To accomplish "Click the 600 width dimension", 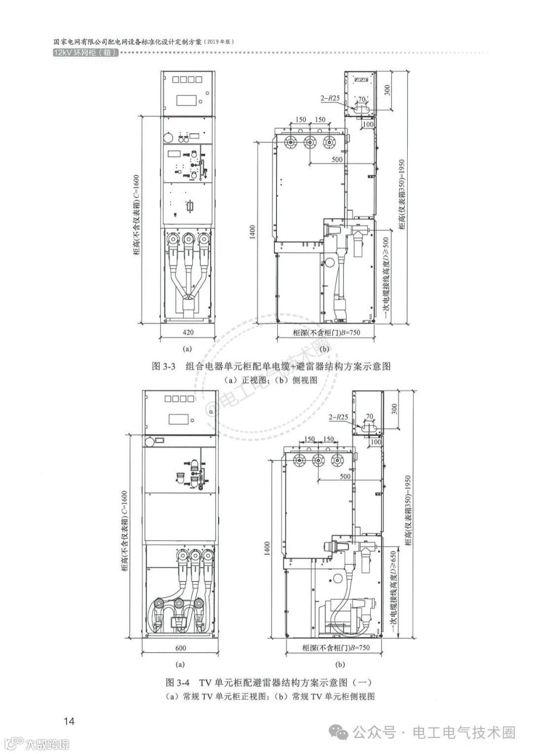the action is pos(180,647).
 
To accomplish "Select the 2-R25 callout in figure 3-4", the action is pos(338,417).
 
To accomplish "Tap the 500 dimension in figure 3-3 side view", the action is pos(337,159).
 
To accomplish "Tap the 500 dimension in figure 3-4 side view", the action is pos(345,476).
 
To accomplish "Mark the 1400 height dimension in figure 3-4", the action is pos(267,547).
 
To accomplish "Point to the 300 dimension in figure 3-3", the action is pos(387,90).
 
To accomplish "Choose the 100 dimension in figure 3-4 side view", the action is pos(376,442).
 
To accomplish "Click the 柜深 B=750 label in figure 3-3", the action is pos(326,332).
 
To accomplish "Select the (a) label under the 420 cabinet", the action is pos(187,348).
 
